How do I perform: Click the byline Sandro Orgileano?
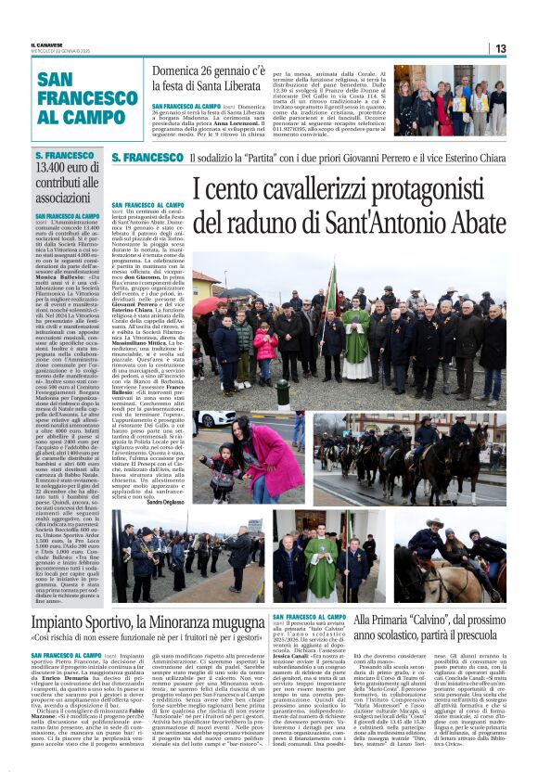pos(167,500)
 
